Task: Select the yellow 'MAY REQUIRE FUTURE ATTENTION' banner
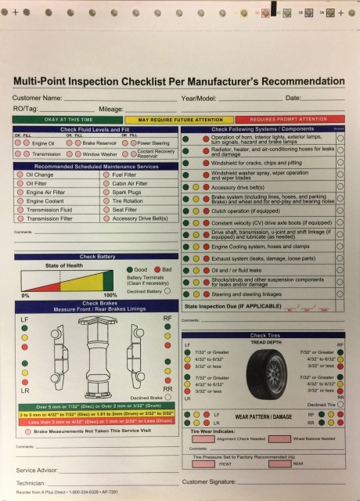tap(179, 119)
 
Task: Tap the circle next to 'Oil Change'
tap(20, 175)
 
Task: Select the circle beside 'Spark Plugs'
tap(106, 192)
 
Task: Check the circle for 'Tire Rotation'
tap(106, 200)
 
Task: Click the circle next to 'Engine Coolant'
tap(20, 201)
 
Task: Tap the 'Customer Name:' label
tap(37, 98)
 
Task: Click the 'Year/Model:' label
tap(200, 98)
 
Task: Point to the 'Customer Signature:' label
tap(216, 482)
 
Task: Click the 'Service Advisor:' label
tap(38, 470)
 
